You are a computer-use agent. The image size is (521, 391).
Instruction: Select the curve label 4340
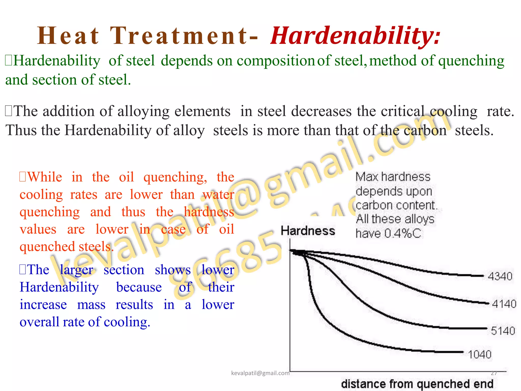point(500,276)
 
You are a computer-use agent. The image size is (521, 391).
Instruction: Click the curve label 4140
point(504,304)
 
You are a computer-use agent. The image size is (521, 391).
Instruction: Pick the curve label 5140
point(503,331)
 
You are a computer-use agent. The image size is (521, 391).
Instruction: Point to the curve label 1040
point(480,354)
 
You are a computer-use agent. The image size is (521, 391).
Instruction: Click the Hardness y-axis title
point(308,231)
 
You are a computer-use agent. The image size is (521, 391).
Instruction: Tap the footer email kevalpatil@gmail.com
point(260,373)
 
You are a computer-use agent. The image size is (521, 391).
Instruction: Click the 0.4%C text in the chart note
point(402,233)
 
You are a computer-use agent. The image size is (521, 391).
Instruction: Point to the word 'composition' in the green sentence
point(276,61)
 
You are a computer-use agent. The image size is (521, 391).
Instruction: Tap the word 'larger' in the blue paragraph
point(76,270)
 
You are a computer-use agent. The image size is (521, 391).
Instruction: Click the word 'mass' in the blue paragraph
point(91,305)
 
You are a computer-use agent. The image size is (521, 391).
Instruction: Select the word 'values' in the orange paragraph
point(38,229)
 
